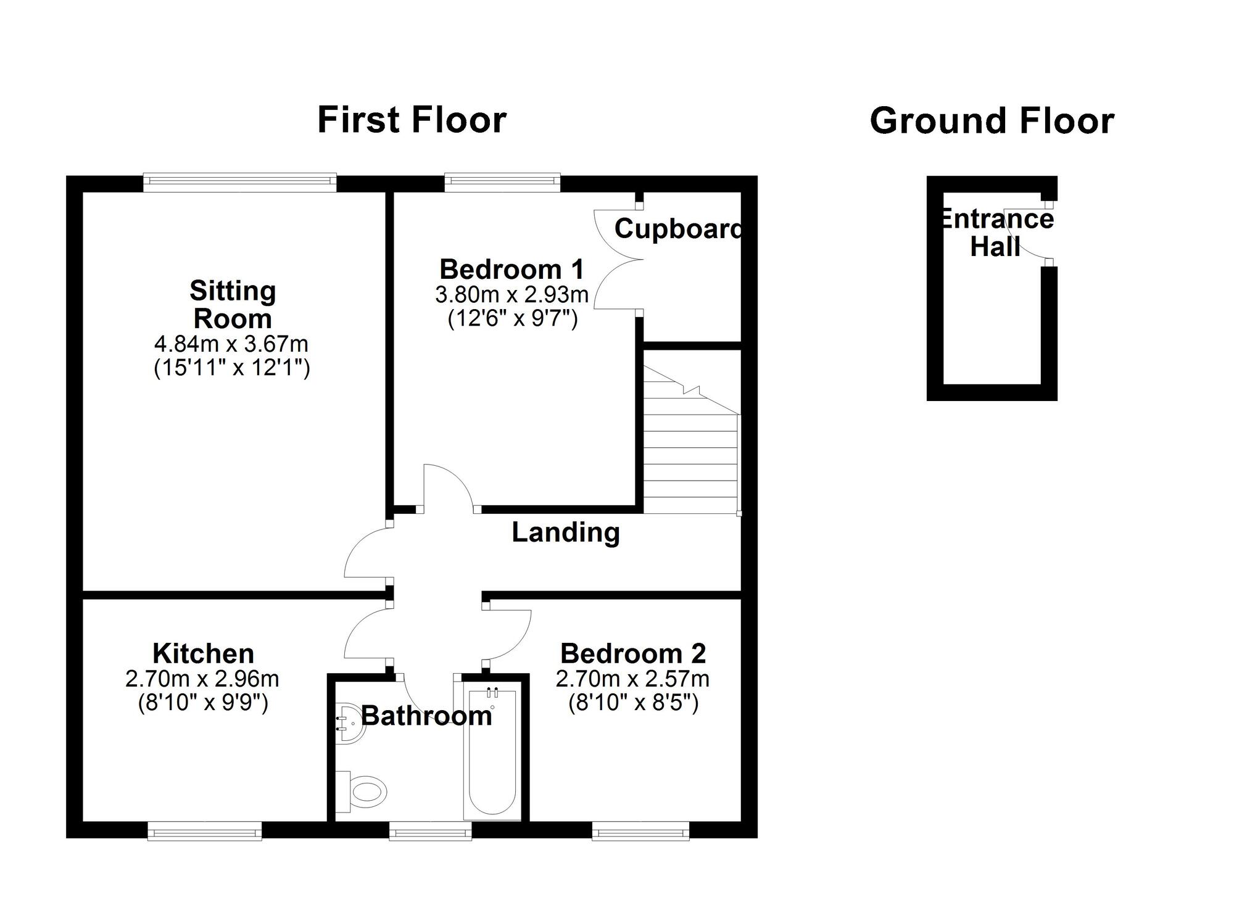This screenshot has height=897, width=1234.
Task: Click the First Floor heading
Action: tap(412, 120)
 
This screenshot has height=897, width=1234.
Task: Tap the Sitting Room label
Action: tap(233, 305)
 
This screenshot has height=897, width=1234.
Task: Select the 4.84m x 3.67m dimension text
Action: tap(231, 344)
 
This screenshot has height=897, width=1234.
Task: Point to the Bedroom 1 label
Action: tap(511, 270)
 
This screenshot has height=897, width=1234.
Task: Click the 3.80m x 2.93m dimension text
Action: tap(512, 295)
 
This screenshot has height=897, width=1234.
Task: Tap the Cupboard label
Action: tap(677, 229)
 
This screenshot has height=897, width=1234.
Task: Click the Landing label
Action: tap(566, 532)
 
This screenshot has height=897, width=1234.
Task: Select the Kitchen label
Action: tap(203, 653)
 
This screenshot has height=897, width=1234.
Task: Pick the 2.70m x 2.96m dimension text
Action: tap(202, 679)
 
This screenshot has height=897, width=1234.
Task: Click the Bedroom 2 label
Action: tap(633, 653)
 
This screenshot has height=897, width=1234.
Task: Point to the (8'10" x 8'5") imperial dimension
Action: tap(633, 703)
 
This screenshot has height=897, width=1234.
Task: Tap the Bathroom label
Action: tap(426, 716)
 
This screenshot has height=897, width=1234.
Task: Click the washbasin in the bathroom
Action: tap(350, 723)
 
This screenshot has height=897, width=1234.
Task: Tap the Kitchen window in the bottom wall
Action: tap(205, 833)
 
